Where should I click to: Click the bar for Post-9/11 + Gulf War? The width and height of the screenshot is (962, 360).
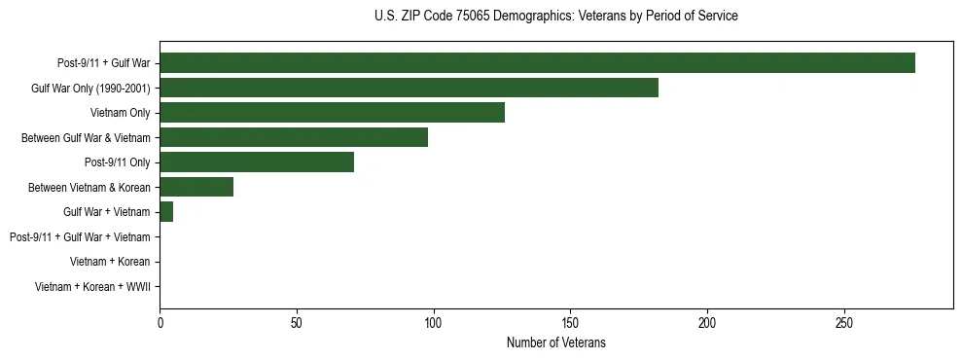click(x=537, y=63)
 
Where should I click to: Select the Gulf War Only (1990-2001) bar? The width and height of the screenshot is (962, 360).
click(x=409, y=88)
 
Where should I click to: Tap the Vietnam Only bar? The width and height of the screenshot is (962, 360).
click(x=332, y=113)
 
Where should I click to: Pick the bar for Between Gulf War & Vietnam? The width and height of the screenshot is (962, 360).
click(x=294, y=137)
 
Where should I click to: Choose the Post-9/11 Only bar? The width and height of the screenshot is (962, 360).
click(x=257, y=162)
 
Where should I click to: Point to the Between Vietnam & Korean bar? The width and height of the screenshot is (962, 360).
click(x=196, y=187)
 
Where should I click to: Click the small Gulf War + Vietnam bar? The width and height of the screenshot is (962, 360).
click(x=166, y=212)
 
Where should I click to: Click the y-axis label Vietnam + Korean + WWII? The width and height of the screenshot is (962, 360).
click(x=92, y=287)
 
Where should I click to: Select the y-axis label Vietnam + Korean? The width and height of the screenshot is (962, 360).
click(x=110, y=262)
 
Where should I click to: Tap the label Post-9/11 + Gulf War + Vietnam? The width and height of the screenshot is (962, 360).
click(x=80, y=237)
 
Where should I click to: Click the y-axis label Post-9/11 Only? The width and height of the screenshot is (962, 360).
click(x=117, y=162)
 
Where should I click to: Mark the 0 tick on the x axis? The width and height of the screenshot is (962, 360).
click(x=160, y=322)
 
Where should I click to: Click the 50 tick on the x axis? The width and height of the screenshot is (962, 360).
click(x=297, y=322)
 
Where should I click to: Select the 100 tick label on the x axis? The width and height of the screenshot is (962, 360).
click(x=434, y=322)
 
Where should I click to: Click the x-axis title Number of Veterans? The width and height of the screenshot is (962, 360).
click(x=555, y=342)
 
